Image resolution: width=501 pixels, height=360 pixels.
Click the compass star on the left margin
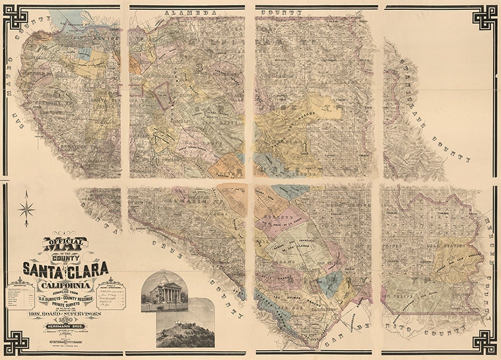point(26,209)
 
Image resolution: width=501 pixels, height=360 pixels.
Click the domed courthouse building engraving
point(164,289)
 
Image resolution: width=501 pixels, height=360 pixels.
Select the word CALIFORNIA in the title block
point(64,286)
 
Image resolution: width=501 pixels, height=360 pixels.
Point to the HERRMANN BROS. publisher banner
point(65,326)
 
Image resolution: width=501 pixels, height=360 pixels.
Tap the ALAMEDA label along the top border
point(186,12)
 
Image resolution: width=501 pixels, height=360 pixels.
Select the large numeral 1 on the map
point(304,148)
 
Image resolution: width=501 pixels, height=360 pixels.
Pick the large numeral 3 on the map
point(199,68)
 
